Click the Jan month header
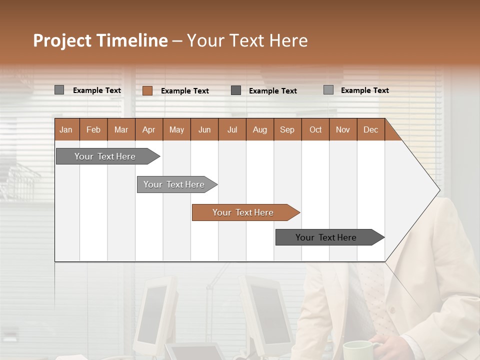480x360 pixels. (x=66, y=129)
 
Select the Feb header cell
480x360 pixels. (x=93, y=129)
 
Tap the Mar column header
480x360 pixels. (x=121, y=129)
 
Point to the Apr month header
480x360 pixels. (x=149, y=129)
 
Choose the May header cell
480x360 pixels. (x=176, y=129)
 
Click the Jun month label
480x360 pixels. (x=204, y=129)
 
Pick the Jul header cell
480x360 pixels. (x=232, y=129)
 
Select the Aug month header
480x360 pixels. (x=260, y=129)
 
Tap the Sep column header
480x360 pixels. (x=287, y=129)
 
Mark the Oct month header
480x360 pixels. (x=315, y=129)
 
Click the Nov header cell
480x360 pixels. (x=343, y=129)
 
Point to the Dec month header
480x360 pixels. (x=371, y=129)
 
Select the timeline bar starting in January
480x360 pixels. (x=105, y=156)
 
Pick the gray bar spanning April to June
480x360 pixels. (x=174, y=184)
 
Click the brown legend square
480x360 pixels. (x=147, y=90)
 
